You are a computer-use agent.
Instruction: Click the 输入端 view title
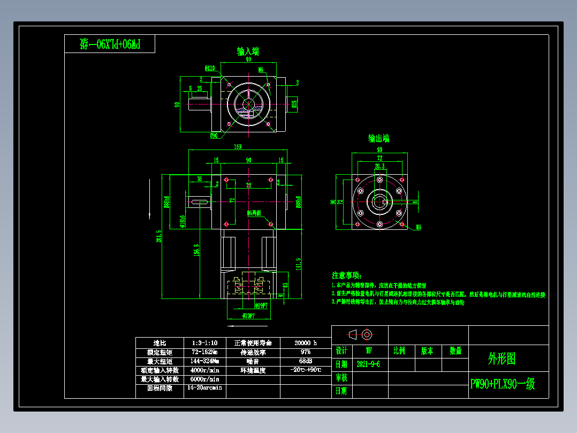click(x=248, y=51)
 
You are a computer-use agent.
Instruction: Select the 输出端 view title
click(x=378, y=138)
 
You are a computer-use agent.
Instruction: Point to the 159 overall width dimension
click(x=238, y=146)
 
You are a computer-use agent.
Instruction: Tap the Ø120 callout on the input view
click(x=209, y=68)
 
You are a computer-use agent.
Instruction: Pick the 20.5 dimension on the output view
click(x=379, y=167)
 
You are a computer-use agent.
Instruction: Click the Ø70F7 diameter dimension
click(x=248, y=315)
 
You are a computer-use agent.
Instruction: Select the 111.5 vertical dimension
click(x=298, y=264)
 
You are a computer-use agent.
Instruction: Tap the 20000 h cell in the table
click(x=306, y=342)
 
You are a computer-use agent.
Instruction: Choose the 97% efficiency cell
click(x=306, y=352)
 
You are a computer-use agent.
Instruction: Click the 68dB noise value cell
click(x=306, y=361)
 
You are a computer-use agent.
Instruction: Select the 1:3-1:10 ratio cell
click(x=204, y=342)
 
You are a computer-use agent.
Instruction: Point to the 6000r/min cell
click(x=204, y=379)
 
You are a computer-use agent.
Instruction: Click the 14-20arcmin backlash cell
click(x=204, y=388)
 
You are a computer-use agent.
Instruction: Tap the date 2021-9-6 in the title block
click(x=368, y=364)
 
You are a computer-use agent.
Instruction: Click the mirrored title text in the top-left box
click(x=110, y=44)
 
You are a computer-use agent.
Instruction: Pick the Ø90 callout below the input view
click(x=214, y=135)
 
